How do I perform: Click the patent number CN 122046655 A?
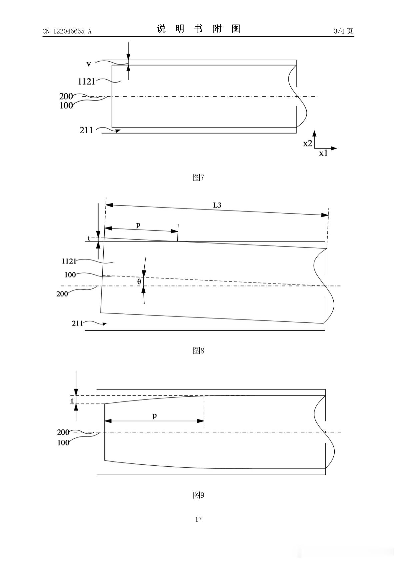[67, 31]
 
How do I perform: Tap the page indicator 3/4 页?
[343, 31]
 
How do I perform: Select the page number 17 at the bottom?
[198, 519]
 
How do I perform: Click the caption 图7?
[198, 177]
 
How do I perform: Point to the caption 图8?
[198, 350]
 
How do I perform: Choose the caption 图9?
[198, 495]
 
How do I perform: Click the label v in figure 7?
[88, 64]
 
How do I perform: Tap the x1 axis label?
[323, 153]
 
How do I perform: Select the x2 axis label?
[308, 143]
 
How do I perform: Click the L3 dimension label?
[217, 205]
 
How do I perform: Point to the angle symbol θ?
[139, 281]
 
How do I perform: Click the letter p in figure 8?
[138, 225]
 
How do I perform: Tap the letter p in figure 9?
[154, 416]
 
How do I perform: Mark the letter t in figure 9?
[72, 401]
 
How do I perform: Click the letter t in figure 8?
[89, 238]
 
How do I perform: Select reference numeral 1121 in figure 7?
[86, 82]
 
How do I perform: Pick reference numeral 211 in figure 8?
[77, 323]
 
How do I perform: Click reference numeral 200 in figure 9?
[63, 432]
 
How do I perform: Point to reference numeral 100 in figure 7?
[66, 106]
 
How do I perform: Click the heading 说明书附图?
[199, 29]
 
